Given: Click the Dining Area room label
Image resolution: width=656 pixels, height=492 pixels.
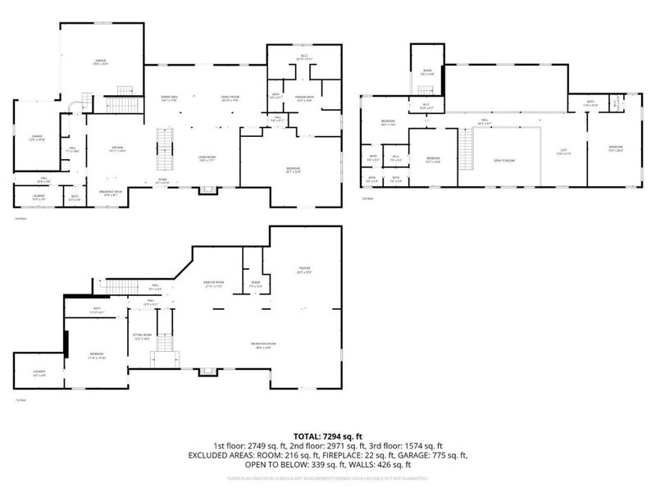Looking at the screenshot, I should tap(170, 98).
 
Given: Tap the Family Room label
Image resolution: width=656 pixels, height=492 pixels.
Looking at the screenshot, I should tap(229, 98).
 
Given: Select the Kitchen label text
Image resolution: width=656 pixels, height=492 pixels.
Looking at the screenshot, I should tap(116, 148).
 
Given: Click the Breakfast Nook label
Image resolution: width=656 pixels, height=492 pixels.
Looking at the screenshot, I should tap(111, 191).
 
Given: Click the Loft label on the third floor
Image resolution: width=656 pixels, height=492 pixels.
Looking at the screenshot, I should tap(563, 151).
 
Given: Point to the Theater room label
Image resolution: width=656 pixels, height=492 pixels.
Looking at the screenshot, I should tap(304, 270).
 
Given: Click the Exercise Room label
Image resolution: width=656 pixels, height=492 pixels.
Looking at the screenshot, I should tap(215, 285).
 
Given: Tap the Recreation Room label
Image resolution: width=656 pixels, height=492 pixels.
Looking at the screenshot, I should tap(263, 345).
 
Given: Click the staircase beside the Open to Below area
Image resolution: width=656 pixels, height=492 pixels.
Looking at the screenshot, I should tap(466, 150).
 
